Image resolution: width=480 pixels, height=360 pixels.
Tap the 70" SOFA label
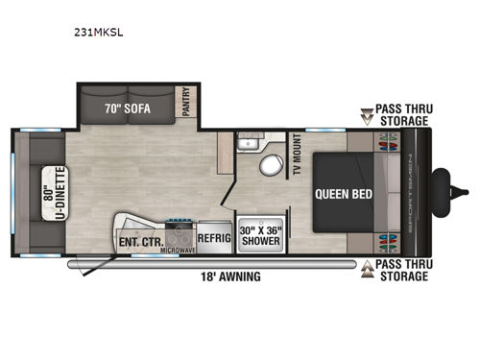(127, 108)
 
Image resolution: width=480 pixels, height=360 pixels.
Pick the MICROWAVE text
(180, 251)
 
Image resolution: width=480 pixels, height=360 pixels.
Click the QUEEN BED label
(341, 192)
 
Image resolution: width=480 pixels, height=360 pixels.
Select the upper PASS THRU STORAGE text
(402, 116)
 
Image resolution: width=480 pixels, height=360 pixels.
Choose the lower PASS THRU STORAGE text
(402, 271)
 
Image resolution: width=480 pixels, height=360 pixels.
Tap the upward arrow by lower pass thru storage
(367, 270)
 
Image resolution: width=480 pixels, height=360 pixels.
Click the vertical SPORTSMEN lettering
(415, 191)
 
